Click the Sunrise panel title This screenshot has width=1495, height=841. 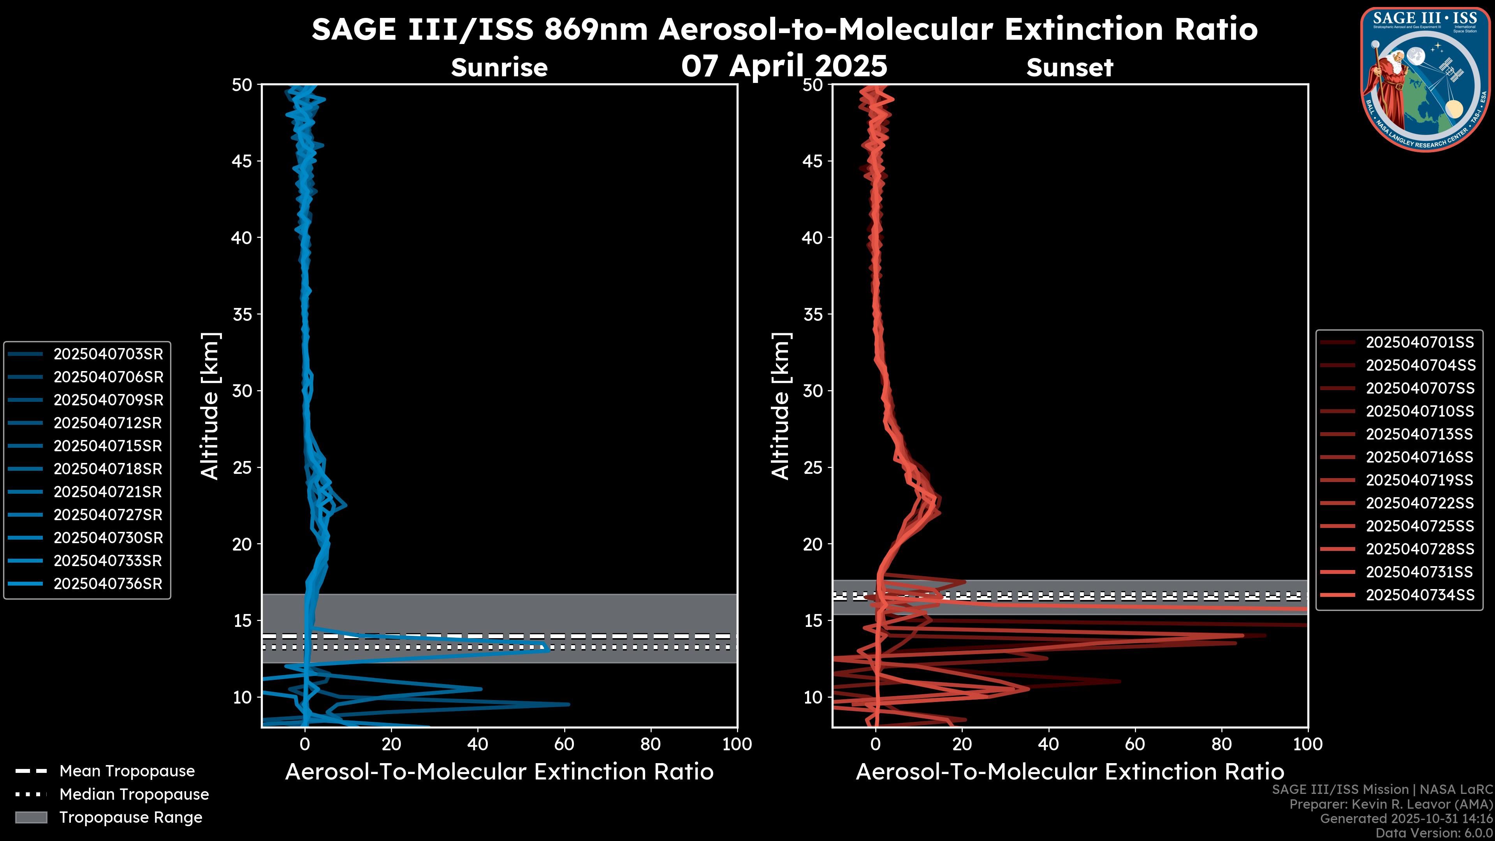point(499,68)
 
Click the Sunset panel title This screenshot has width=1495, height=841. point(1069,68)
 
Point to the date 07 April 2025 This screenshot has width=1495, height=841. point(784,65)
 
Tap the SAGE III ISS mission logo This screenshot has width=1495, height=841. point(1425,79)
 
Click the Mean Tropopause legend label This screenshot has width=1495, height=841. point(127,771)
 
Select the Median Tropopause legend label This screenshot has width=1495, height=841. point(134,795)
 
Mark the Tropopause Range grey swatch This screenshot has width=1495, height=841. point(31,817)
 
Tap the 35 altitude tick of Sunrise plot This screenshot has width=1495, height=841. point(242,315)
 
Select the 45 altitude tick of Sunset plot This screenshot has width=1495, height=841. point(813,161)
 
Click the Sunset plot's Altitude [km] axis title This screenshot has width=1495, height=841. point(781,406)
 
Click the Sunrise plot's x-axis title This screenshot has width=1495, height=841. point(499,772)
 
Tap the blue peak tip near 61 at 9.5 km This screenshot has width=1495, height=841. point(568,705)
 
